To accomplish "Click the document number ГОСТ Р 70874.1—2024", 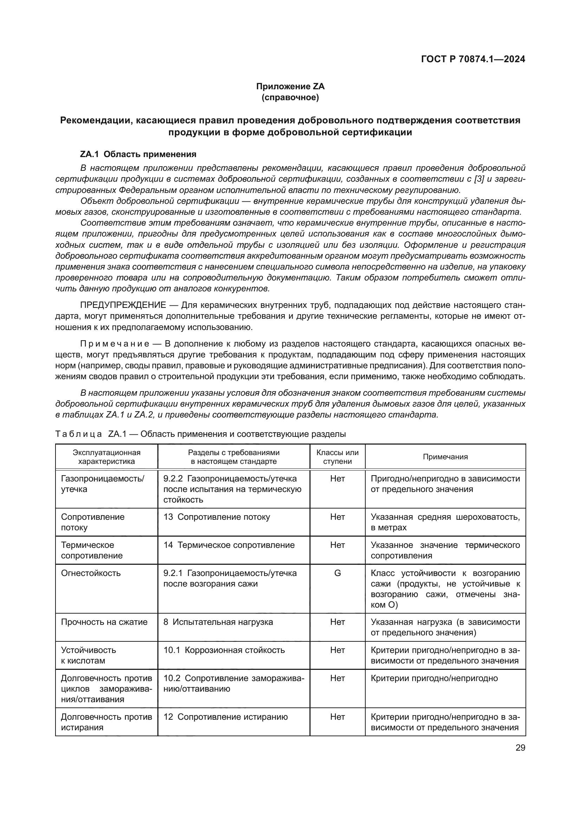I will coord(472,59).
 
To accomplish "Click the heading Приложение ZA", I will coord(290,86).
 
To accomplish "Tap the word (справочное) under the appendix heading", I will coord(290,97).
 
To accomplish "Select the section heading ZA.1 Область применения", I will coord(138,154).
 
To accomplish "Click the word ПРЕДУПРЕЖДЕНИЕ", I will coord(123,305).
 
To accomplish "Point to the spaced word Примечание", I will coord(115,344).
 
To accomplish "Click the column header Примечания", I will coord(445,457).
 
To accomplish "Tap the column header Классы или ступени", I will coord(337,457).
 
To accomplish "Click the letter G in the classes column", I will coord(337,573).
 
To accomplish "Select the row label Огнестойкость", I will coord(91,573).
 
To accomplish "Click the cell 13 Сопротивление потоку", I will coord(216,517).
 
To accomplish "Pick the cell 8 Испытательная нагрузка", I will coord(218,622).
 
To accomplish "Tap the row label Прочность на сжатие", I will coord(104,622).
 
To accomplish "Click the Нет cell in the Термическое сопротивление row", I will coord(337,545).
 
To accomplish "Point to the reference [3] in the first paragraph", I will coord(479,179).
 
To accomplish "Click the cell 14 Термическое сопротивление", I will coord(229,545).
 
